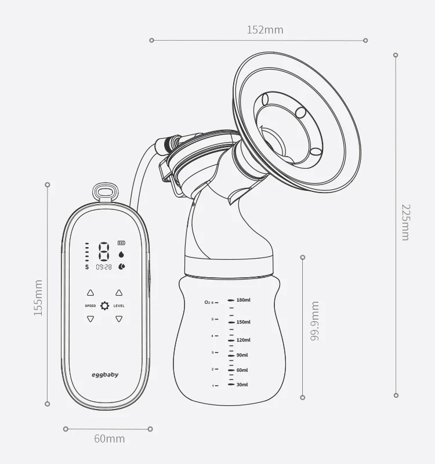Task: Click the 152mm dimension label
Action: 265,30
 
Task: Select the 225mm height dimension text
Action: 405,222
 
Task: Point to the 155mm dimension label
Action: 38,298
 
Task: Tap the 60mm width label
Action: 109,438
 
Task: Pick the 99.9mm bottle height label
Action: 315,320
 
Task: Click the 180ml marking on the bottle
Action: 243,300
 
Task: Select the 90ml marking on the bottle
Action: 242,355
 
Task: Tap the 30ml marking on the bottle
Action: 242,385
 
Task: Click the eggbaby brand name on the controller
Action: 105,375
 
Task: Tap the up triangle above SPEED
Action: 90,293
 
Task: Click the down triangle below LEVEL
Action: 119,318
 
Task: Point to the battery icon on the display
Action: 121,243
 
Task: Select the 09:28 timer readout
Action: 104,267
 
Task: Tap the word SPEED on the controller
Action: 90,306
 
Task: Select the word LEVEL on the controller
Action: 119,306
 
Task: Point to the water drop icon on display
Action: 121,254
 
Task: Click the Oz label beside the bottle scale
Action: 207,302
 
